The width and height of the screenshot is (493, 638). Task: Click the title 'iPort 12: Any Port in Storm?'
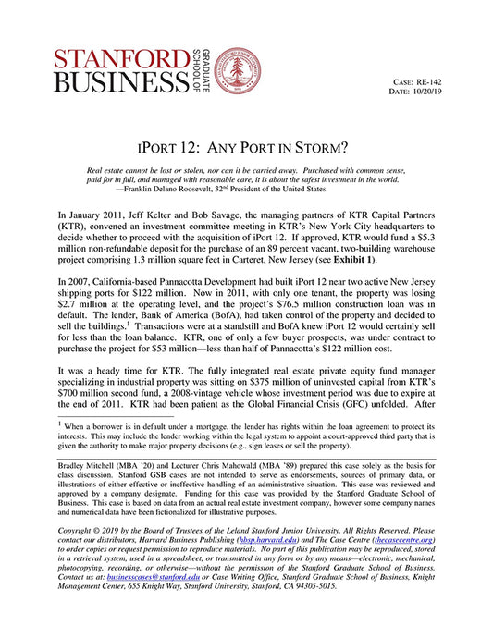pyautogui.click(x=246, y=146)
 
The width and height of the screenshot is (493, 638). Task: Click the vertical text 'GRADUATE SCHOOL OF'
pyautogui.click(x=201, y=68)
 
